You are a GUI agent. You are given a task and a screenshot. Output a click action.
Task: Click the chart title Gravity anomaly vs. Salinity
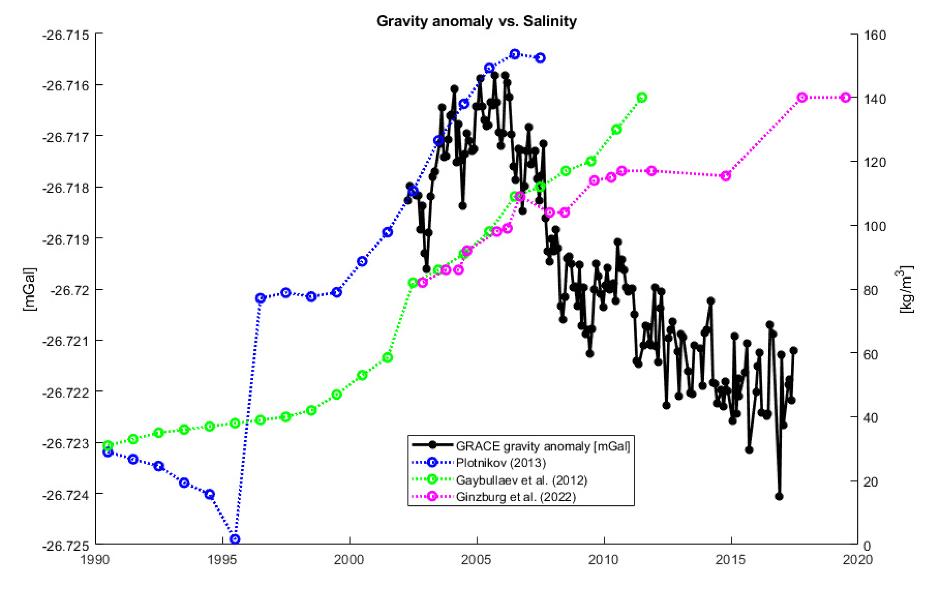click(x=476, y=21)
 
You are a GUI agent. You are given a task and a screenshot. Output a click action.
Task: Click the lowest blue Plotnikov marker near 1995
click(x=235, y=539)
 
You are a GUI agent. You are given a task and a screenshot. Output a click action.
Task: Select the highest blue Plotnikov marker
click(x=515, y=54)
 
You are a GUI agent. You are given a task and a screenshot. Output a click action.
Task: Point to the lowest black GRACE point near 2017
click(x=779, y=496)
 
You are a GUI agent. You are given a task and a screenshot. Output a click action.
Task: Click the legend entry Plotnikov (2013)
click(x=501, y=463)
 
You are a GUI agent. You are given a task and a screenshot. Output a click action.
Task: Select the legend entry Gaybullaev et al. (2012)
click(x=521, y=480)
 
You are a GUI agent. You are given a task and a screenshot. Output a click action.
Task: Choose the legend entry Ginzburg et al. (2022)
click(x=516, y=497)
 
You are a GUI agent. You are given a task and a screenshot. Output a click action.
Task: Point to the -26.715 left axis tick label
click(x=66, y=35)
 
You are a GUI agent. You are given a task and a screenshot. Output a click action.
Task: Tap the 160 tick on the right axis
click(x=875, y=35)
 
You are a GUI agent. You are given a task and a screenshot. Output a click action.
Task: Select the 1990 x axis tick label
click(x=95, y=559)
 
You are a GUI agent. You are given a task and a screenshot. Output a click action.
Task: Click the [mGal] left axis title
click(x=29, y=289)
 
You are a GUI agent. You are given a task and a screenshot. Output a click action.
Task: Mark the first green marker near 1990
click(x=108, y=446)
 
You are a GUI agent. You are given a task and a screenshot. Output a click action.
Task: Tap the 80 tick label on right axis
click(x=871, y=290)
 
